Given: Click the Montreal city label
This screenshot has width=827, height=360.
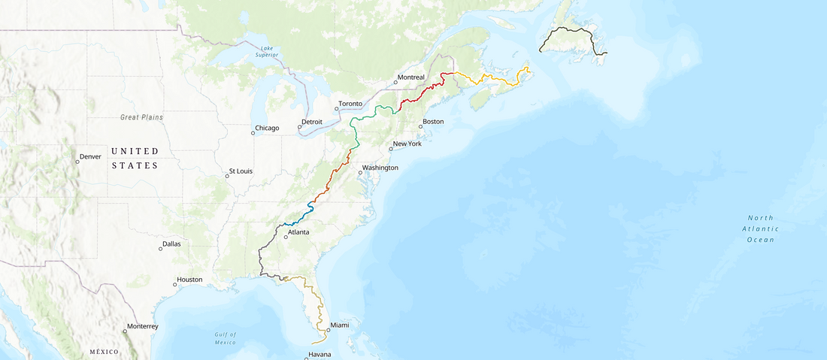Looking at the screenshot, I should [411, 77].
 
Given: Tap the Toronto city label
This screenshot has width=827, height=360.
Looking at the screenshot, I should [350, 104].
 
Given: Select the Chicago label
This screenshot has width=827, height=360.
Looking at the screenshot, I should [267, 128].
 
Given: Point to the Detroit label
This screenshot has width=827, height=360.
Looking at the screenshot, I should [311, 122].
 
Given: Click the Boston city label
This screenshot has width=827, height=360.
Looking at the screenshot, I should [433, 122].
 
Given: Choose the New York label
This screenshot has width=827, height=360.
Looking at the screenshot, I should [407, 144].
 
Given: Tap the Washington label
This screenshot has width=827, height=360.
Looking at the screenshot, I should [380, 168].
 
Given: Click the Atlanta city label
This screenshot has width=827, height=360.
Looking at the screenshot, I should [298, 232].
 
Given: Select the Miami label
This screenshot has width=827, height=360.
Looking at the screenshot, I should [340, 325].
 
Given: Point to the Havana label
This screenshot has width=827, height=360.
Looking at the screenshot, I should [320, 355].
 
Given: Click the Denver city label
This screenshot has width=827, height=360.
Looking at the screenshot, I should [90, 156].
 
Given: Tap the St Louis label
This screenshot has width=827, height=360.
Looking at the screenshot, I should [241, 171].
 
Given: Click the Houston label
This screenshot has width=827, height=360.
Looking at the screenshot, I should [189, 280].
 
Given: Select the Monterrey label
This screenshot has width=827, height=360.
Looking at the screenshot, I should [142, 326].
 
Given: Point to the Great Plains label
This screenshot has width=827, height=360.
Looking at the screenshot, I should [141, 117].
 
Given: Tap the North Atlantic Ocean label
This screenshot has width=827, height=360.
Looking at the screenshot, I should [760, 228].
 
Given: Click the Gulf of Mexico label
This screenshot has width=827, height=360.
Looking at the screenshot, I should [224, 338].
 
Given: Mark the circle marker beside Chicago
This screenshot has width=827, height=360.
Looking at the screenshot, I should [253, 133].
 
